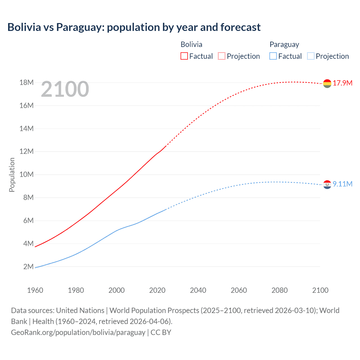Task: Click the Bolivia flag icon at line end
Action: tap(327, 83)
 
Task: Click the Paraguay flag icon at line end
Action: tap(327, 184)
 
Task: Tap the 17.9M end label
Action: tap(343, 83)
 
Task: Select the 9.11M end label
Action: tap(343, 184)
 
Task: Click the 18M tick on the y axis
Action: tap(26, 82)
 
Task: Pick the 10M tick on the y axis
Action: tap(26, 174)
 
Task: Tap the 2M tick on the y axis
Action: tap(28, 266)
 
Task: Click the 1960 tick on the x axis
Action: tap(35, 290)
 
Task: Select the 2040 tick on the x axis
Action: tap(198, 290)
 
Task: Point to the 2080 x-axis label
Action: tap(280, 290)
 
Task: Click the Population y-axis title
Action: tap(12, 175)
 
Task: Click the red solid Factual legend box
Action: tap(184, 56)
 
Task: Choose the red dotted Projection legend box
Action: tap(222, 56)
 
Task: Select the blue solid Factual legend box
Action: tap(273, 56)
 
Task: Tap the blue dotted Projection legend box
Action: tap(311, 56)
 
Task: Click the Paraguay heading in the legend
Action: tap(284, 44)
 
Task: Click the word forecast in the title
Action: tap(240, 27)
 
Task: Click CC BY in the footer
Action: tap(161, 332)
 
